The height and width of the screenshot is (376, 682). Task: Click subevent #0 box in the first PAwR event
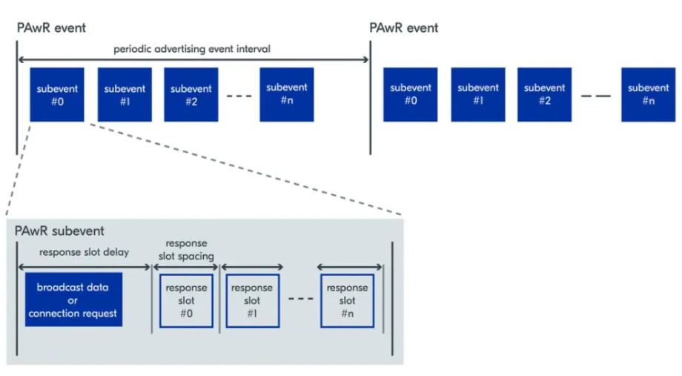tap(57, 94)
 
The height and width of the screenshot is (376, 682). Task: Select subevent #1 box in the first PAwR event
tap(125, 94)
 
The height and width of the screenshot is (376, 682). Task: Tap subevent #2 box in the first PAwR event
tap(191, 94)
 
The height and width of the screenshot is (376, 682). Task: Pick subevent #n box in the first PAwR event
tap(286, 94)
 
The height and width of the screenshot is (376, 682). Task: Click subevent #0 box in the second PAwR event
tap(411, 94)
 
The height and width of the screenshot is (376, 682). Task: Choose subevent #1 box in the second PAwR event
tap(478, 94)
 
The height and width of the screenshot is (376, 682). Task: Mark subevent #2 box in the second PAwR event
tap(545, 94)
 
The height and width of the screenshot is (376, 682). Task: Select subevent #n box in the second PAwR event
tap(649, 94)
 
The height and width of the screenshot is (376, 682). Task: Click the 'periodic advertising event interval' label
tap(191, 49)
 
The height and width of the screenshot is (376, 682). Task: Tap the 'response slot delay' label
tap(84, 252)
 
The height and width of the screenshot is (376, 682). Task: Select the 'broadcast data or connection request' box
tap(73, 300)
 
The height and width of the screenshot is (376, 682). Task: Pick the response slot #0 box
tap(186, 300)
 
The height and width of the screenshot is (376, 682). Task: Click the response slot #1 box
tap(252, 300)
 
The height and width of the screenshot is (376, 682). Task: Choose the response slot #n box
tap(347, 300)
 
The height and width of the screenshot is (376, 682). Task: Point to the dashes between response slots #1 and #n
tap(299, 300)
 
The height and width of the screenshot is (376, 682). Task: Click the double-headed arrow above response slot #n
tap(350, 267)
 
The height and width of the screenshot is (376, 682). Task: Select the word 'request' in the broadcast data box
tap(99, 314)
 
